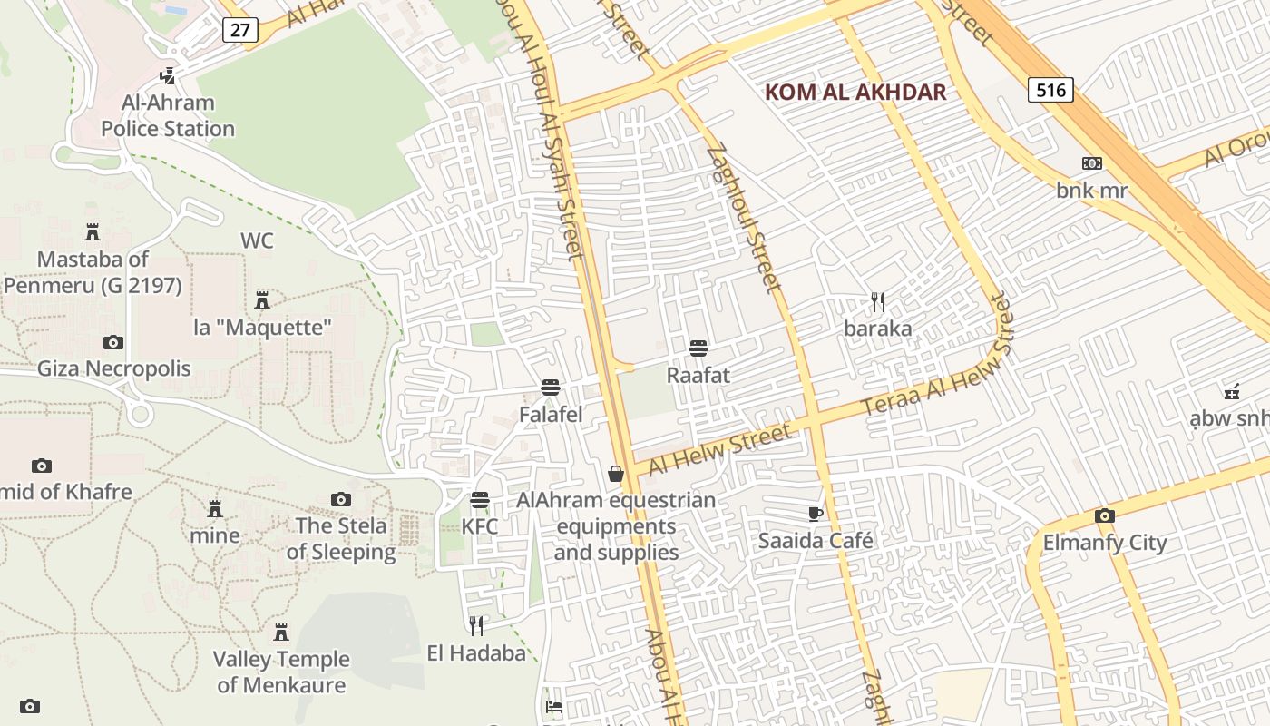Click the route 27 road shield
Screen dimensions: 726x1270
239,29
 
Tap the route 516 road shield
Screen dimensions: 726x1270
1050,89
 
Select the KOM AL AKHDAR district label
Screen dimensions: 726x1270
855,92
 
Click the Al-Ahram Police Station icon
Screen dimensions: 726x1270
167,76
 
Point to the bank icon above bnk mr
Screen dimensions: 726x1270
1092,163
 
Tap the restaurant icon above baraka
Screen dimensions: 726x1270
877,301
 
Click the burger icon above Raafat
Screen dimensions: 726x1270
698,348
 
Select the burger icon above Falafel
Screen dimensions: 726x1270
550,388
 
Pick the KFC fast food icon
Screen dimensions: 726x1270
479,500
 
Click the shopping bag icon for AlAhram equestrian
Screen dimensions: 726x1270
616,474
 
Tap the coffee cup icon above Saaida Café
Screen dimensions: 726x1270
816,515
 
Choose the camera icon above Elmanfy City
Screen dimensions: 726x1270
1104,516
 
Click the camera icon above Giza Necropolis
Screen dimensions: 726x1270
113,342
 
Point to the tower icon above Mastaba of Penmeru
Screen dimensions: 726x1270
92,232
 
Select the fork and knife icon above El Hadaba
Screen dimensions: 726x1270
476,625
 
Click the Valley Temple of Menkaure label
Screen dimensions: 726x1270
281,672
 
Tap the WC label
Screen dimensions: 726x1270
257,240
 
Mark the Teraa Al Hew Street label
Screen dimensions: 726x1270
934,368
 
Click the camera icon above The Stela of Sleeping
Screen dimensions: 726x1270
341,499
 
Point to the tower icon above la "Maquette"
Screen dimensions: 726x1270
262,299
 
